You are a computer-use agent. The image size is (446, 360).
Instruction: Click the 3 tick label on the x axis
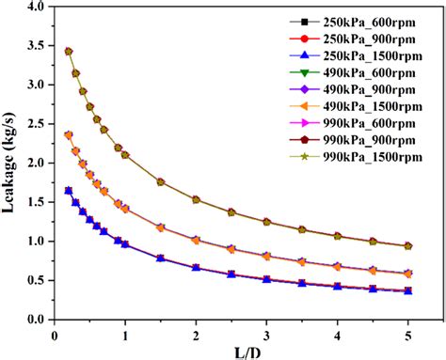tap(266, 333)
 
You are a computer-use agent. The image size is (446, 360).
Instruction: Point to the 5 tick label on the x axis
tap(407, 333)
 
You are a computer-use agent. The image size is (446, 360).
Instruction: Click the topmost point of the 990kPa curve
tap(69, 52)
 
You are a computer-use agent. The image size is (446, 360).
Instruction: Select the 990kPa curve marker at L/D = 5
tap(407, 245)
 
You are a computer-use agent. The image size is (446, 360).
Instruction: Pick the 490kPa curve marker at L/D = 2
tap(196, 240)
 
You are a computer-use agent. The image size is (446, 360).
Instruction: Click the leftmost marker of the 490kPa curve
tap(69, 134)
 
